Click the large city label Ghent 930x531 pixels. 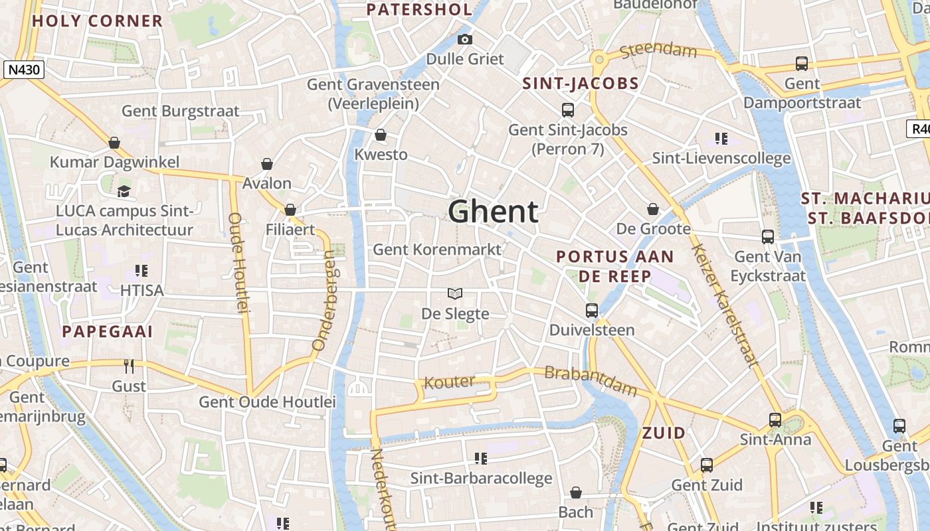click(493, 212)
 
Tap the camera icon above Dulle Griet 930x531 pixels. click(465, 39)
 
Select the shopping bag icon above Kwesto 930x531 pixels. click(381, 135)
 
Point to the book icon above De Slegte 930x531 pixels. click(455, 293)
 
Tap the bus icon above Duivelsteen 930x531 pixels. click(591, 310)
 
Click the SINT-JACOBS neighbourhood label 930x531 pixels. click(581, 84)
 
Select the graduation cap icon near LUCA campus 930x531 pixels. click(124, 192)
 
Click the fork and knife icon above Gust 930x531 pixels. click(129, 366)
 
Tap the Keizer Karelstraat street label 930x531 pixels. click(725, 305)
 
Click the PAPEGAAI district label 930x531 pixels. click(108, 331)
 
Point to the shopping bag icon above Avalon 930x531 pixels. click(267, 164)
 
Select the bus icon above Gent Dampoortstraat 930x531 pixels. click(802, 64)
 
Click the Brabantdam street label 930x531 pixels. click(590, 380)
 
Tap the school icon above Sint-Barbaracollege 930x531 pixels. click(481, 459)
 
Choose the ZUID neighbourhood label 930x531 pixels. click(664, 433)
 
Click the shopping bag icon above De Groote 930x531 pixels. click(653, 210)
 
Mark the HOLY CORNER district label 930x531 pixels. click(97, 21)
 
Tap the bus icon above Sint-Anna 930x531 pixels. click(775, 419)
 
